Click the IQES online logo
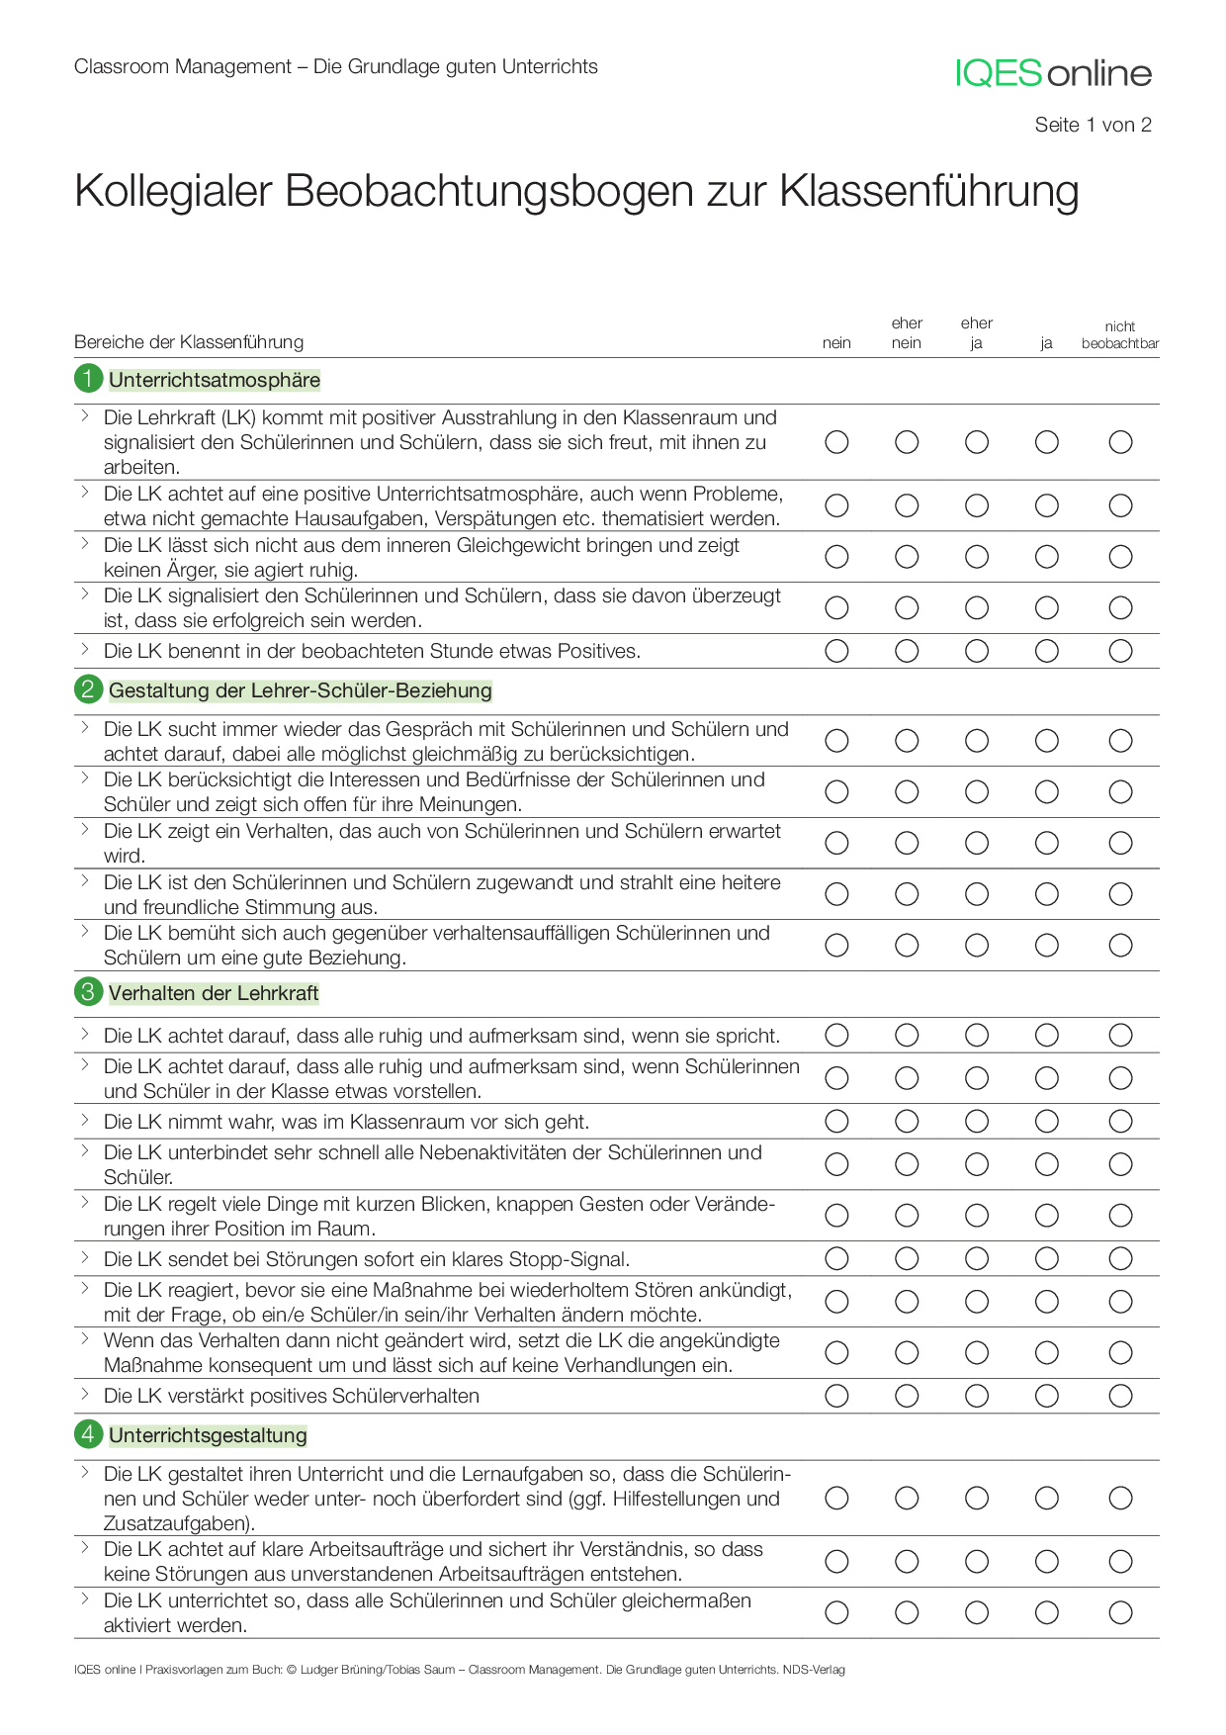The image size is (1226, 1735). point(1053,73)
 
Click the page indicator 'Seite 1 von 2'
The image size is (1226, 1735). point(1093,125)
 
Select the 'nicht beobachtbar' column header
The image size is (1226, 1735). point(1119,335)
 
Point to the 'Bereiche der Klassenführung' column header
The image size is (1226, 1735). point(189,342)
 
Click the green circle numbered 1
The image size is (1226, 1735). point(88,379)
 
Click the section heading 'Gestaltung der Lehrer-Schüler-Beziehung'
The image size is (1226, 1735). point(300,690)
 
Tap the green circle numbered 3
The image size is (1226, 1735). point(88,992)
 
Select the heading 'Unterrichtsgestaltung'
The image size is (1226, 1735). point(208,1435)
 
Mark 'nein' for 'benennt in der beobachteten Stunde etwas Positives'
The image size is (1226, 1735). point(836,651)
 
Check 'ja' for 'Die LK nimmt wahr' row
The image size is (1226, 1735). point(1046,1121)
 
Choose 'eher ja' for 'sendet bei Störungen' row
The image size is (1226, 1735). point(976,1258)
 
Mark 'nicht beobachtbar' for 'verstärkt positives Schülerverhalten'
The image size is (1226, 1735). point(1119,1395)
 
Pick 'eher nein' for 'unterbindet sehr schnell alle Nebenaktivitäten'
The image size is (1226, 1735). point(907,1164)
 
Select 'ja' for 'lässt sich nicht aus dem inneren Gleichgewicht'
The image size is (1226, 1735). point(1046,557)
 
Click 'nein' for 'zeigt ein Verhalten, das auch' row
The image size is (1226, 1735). point(836,843)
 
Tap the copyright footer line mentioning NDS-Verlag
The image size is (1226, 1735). point(459,1670)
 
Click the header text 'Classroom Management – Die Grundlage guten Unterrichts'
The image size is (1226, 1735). point(335,66)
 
